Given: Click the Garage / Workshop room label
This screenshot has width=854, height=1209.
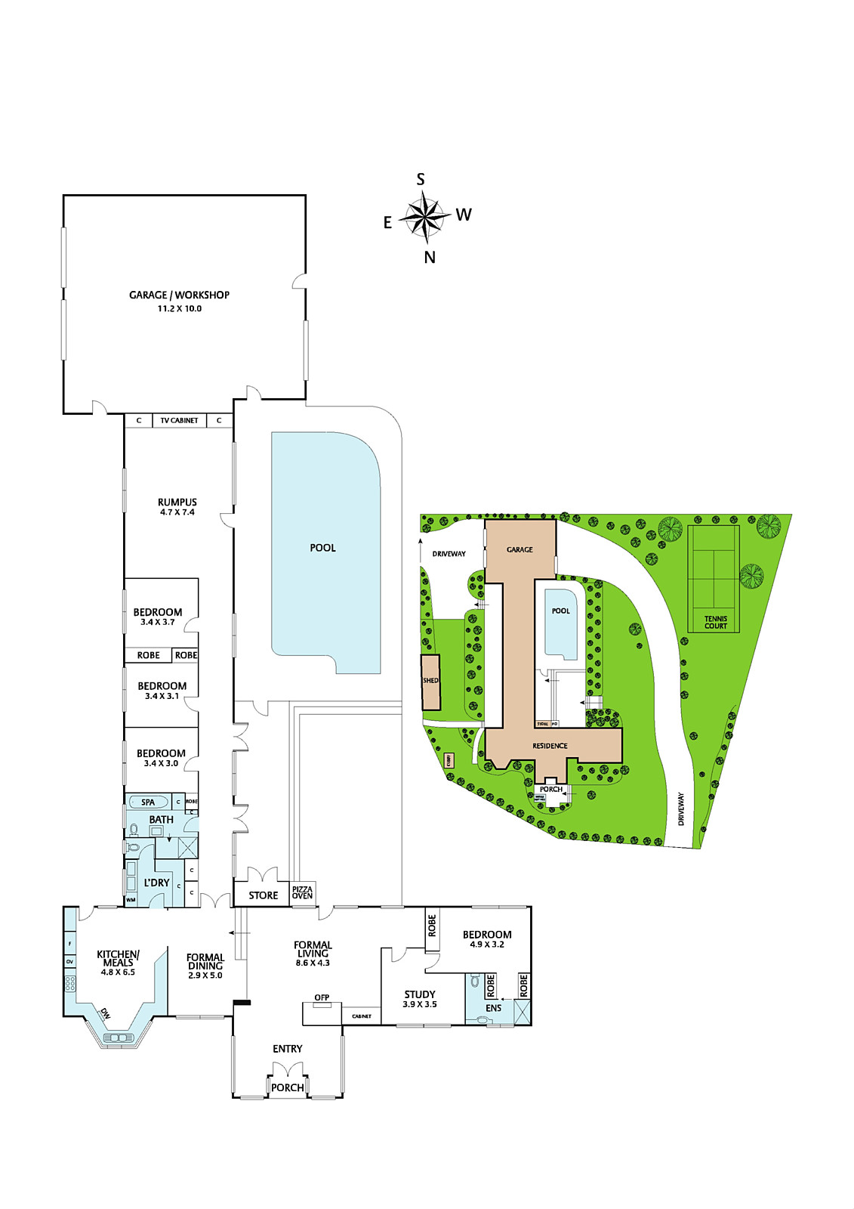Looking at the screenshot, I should (x=179, y=295).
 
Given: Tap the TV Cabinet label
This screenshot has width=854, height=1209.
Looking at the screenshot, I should (x=179, y=420).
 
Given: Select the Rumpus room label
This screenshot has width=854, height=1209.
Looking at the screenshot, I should (x=177, y=502).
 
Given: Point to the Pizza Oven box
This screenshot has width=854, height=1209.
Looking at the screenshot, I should (x=303, y=892).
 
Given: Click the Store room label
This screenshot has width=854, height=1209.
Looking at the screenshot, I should (x=264, y=895).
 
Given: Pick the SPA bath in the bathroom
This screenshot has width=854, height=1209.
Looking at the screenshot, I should (x=148, y=802).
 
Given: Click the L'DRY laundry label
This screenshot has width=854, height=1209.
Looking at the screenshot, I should (x=157, y=883).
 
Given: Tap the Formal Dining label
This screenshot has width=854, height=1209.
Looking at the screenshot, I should (x=205, y=961).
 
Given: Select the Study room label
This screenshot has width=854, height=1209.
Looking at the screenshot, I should (x=420, y=994).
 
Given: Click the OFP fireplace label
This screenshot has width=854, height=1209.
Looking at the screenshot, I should (x=322, y=997).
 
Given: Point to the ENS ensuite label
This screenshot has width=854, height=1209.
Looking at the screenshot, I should (x=494, y=1008).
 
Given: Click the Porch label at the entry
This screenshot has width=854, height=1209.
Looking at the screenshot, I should (x=288, y=1087).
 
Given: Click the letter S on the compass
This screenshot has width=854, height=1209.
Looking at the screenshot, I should (x=421, y=179).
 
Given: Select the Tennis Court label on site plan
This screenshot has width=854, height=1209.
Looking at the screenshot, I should (x=715, y=622).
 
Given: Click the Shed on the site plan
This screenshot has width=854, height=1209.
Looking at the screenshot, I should (x=430, y=682).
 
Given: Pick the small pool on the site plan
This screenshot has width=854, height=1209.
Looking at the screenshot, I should (x=560, y=622).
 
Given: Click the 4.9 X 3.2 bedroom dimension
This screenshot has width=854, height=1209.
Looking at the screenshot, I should (x=487, y=945).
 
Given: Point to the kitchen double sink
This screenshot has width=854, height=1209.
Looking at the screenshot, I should (x=118, y=1038).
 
